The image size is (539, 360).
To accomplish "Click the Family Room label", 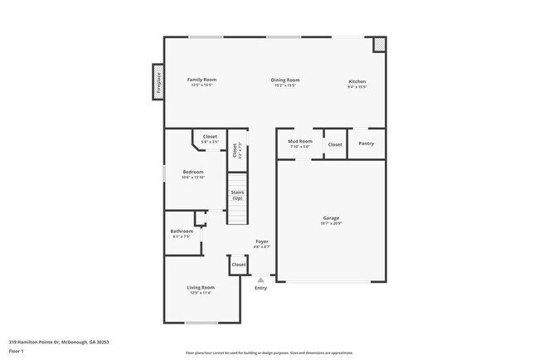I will coord(202,80).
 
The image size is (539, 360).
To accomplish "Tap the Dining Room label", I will coord(285,80).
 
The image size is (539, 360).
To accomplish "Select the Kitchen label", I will coord(357,81).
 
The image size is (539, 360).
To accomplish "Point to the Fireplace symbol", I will coord(158,82).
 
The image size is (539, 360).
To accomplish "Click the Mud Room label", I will coord(299,142).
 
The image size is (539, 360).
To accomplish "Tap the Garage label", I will coord(331,218).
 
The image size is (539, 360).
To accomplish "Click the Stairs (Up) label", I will coord(238,196).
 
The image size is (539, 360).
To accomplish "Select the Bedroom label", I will coord(193,172).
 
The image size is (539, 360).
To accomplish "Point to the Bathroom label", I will coord(182,231).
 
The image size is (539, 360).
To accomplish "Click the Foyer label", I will coord(261,241).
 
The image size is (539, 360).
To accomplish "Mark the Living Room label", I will coord(202,287).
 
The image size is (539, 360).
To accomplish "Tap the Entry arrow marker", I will coord(260,280).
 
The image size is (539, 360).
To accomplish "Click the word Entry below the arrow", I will coord(260,288).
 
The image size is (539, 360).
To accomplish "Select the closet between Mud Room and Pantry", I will coord(335,144).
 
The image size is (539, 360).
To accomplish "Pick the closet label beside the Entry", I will coord(239,265).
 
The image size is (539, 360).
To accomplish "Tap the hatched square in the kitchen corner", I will coord(380,43).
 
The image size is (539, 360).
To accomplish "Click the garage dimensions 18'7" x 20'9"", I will coord(331,224).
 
